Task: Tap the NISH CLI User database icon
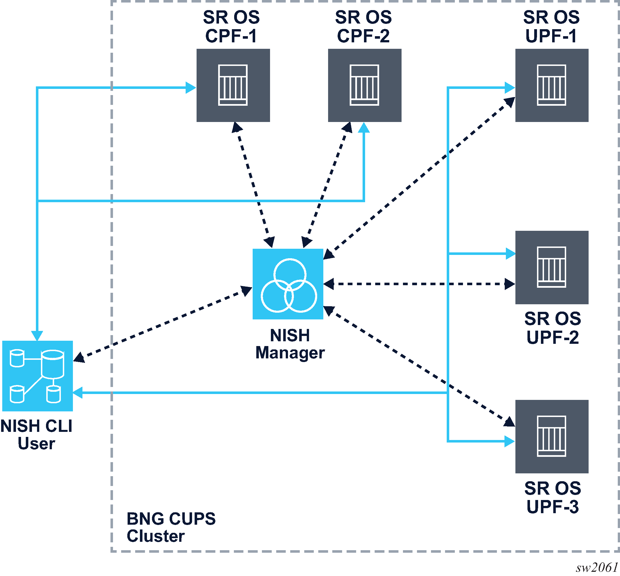(x=37, y=376)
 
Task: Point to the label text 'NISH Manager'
(x=290, y=344)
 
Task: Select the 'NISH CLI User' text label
(x=36, y=434)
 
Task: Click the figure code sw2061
(x=597, y=567)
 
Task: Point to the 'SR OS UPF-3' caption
(x=552, y=497)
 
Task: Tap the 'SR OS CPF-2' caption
(x=363, y=26)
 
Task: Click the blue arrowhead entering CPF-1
(x=190, y=87)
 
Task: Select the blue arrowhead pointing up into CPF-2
(x=364, y=128)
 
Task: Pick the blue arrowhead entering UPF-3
(x=509, y=441)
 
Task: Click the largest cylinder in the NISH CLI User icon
(x=52, y=364)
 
